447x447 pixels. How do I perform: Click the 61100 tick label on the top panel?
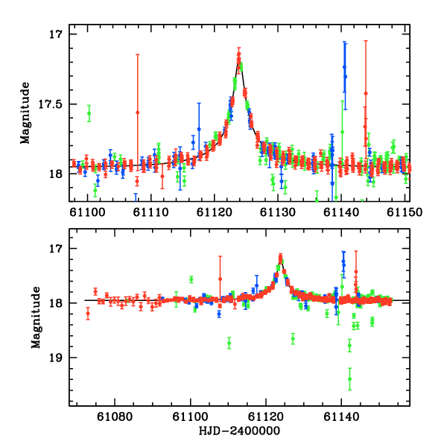88,211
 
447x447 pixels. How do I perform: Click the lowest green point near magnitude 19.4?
349,379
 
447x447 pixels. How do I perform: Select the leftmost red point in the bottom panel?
88,314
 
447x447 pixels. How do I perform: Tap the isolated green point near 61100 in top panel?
89,114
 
